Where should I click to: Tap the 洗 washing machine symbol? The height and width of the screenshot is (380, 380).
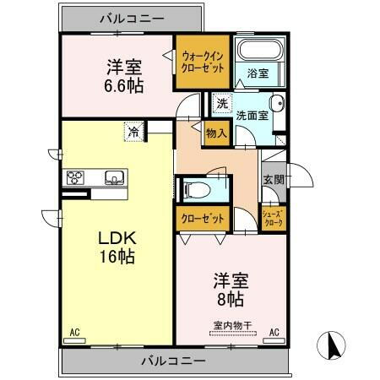pyautogui.click(x=220, y=103)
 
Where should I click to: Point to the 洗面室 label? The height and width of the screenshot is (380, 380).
pyautogui.click(x=252, y=116)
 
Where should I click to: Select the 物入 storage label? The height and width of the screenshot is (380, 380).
pyautogui.click(x=215, y=133)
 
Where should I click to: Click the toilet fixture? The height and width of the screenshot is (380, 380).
pyautogui.click(x=193, y=188)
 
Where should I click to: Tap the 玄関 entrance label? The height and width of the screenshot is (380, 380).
pyautogui.click(x=272, y=179)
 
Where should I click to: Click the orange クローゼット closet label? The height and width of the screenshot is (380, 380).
pyautogui.click(x=204, y=218)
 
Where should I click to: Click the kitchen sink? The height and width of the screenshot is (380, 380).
pyautogui.click(x=113, y=177)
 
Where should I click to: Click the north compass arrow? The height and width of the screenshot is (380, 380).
pyautogui.click(x=332, y=344)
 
